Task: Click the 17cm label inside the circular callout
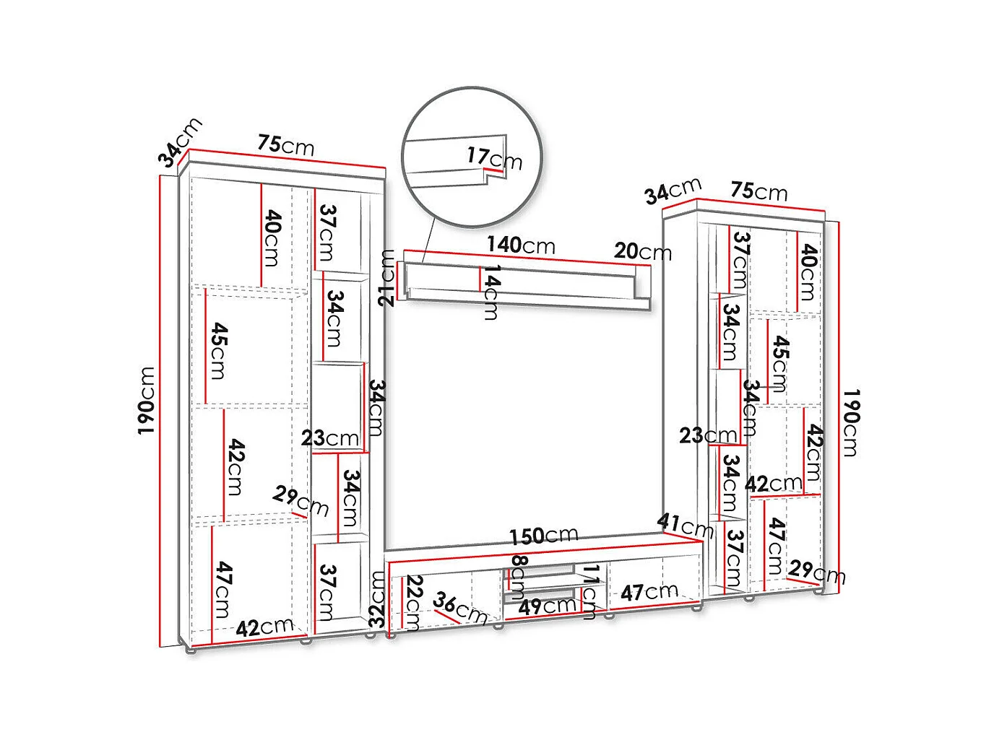coord(494,157)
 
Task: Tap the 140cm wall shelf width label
coord(521,245)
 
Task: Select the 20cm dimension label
coord(642,252)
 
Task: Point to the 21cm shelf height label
coord(388,277)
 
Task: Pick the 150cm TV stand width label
coord(543,536)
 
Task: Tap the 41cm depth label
coord(685,526)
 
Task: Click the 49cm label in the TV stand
coord(547,606)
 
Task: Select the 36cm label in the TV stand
coord(460,608)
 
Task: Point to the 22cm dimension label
coord(413,602)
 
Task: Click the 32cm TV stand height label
coord(377,598)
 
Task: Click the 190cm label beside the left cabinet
coord(147,401)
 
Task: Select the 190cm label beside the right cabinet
coord(850,422)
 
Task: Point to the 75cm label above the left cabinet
coord(286,145)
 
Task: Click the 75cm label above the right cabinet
coord(759,191)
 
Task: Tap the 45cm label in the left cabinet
coord(219,351)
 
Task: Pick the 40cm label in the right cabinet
coord(808,272)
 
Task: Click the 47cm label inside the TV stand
coord(649,593)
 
